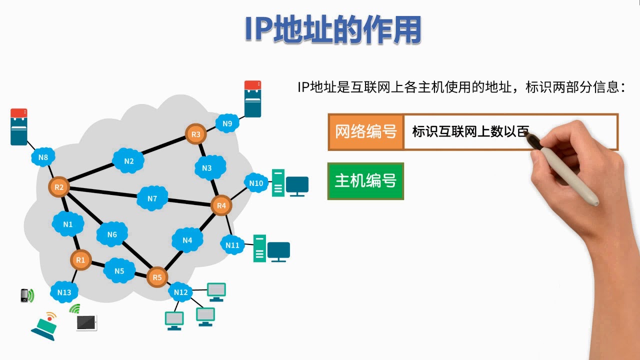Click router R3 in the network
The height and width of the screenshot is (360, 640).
196,134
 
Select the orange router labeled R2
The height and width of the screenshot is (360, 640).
59,187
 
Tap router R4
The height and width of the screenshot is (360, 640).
221,205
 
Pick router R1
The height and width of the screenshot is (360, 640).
80,260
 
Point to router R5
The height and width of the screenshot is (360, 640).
157,277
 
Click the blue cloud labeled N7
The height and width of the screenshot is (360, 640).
152,198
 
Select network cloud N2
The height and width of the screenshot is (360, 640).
129,161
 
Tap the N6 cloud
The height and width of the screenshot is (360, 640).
112,234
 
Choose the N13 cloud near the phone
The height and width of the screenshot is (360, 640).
64,292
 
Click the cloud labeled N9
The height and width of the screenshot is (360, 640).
227,123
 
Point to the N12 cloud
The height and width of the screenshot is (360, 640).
181,292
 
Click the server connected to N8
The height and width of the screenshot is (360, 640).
19,127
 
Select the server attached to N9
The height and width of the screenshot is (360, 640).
253,99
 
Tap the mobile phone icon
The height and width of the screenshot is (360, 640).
24,295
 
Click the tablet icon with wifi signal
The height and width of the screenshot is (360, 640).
86,322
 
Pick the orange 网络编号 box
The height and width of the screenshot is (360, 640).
366,132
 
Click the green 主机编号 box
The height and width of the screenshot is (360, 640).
365,181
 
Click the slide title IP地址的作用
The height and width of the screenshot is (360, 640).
332,30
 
